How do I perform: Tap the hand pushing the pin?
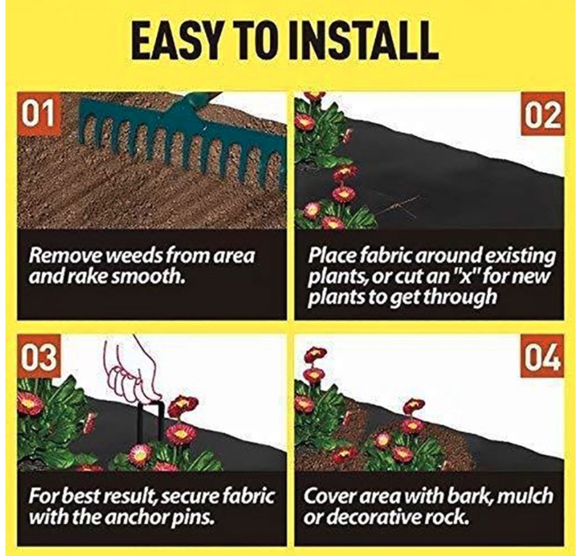click(x=134, y=371)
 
